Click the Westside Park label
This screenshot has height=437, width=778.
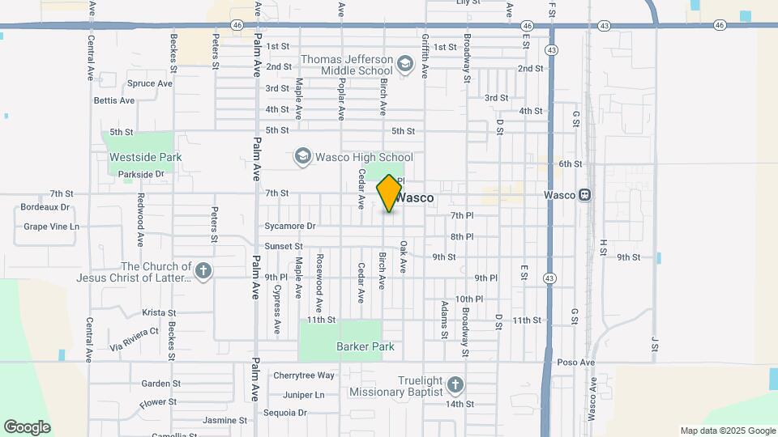tap(146, 157)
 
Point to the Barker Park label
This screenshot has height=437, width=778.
tap(365, 347)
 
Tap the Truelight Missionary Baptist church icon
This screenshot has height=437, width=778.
tap(455, 384)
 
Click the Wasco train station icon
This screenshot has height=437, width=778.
tap(584, 195)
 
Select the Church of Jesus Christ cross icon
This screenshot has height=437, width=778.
tap(203, 271)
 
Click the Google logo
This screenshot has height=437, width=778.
tap(27, 427)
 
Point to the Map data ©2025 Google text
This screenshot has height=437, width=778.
tap(727, 431)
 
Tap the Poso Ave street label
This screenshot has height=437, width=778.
tap(576, 363)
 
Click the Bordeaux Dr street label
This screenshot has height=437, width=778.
tap(45, 208)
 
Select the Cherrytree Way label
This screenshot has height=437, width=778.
tap(304, 375)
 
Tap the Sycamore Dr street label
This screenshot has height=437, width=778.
tap(289, 226)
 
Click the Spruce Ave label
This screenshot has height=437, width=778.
tap(150, 83)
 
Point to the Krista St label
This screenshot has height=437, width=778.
tap(159, 312)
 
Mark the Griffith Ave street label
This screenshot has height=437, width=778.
tap(424, 55)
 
